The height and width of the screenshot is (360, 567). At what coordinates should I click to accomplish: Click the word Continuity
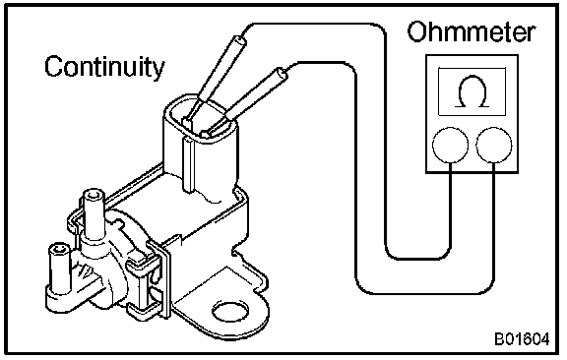point(104,67)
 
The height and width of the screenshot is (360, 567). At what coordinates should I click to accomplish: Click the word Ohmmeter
point(471,31)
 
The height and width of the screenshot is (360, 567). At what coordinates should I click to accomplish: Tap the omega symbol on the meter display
point(472,91)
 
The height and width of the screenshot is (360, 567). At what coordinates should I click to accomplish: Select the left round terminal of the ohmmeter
point(450,145)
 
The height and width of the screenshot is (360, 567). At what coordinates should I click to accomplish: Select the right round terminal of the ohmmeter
point(494,145)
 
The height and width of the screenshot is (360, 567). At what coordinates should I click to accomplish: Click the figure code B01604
point(522,339)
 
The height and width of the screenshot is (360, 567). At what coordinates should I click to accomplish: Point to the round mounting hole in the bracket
point(230,311)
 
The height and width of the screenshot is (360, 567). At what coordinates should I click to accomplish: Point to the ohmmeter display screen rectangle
point(472,91)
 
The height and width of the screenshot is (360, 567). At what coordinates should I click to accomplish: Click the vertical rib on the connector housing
point(189,163)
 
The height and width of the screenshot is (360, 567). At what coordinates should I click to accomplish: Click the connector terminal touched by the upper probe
point(187,122)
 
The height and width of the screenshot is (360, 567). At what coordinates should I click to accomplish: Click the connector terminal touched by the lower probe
point(207,134)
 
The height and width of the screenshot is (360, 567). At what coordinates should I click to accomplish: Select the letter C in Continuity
point(53,67)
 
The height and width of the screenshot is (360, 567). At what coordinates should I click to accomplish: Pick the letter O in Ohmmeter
point(417,31)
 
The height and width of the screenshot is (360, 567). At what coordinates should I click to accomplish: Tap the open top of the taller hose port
point(94,195)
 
